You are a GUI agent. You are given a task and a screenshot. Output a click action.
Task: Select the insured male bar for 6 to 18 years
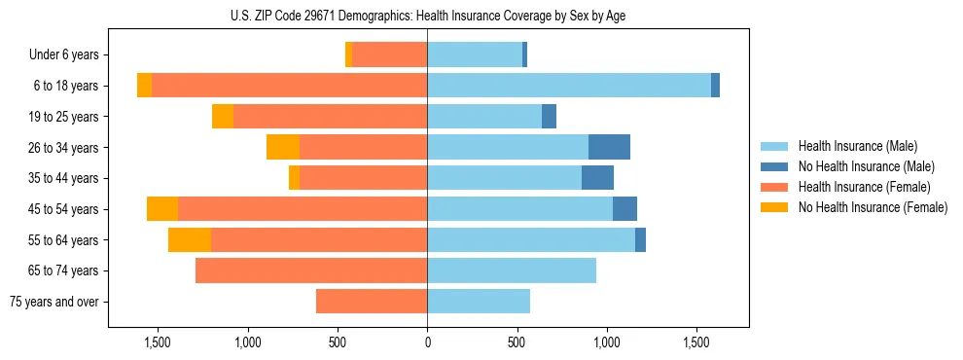point(569,86)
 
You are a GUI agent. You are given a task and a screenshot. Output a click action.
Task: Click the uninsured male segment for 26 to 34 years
point(609,147)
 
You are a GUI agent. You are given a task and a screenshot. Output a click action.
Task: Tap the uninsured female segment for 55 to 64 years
point(190,240)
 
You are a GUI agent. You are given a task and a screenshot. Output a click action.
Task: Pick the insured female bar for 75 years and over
point(372,302)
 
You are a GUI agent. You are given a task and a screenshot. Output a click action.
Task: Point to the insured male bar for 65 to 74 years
point(512,270)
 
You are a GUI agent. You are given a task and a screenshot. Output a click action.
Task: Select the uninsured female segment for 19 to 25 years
point(223,117)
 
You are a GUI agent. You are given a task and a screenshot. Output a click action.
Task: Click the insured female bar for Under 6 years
point(389,54)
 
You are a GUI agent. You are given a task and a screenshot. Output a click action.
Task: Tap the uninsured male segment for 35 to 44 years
point(597,178)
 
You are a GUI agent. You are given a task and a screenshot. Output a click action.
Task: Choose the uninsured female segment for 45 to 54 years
point(162,209)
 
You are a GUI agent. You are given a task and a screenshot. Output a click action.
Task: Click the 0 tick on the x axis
point(427,342)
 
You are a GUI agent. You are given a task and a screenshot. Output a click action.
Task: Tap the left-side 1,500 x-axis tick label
point(158,342)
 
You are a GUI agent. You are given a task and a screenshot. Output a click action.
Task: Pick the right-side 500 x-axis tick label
point(517,342)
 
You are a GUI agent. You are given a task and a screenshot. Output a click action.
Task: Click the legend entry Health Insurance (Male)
point(858,146)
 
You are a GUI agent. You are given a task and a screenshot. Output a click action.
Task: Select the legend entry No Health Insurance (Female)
point(873,207)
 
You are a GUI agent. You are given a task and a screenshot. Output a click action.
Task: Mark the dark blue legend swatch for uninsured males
point(776,166)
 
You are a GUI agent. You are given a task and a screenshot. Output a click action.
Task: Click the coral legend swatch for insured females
point(776,187)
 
